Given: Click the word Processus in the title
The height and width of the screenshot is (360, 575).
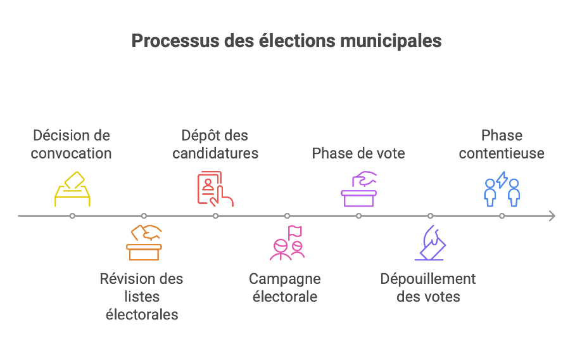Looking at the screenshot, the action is pos(175,41).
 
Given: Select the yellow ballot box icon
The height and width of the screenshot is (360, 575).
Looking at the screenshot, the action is pos(72,189).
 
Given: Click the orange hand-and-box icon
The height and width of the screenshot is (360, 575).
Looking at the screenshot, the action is pos(144,243).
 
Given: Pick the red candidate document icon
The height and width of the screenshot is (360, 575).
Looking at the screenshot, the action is pos(215,189).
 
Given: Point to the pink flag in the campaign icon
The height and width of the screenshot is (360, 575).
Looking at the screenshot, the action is pos(295,233).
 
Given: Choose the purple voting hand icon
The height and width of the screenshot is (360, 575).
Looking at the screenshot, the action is pos(358,189).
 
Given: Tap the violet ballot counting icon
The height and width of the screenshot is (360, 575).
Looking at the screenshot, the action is pos(430,243).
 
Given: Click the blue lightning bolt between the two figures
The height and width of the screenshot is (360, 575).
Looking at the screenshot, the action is pos(502,180).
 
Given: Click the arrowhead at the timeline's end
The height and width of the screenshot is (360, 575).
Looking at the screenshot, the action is pos(552,215).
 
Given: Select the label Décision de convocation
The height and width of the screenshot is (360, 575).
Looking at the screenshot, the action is pos(72,145).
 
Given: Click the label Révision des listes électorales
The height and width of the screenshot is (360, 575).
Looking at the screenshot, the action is pos(142,297).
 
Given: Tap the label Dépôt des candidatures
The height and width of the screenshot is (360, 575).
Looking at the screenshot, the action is pos(215,145).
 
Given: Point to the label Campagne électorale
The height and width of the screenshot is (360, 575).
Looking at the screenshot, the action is pos(285,288).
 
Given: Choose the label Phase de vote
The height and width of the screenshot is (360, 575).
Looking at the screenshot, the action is pos(358,153).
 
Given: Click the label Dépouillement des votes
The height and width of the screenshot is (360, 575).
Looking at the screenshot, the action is pos(428,288).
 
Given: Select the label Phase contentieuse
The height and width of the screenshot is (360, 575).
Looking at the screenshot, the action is pos(502,145).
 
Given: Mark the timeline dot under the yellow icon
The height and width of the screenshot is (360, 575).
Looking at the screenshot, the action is pos(72,215).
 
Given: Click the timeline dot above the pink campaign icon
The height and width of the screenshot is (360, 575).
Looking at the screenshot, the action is pos(287,215).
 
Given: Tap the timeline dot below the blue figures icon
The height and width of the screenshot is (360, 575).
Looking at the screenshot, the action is pos(502,215).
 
